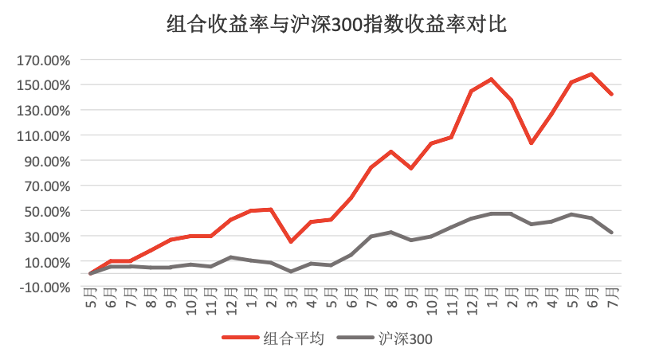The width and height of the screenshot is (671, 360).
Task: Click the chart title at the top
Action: (336, 24)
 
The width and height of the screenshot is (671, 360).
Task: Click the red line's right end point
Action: (612, 94)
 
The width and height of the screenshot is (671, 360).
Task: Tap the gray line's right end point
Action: (612, 233)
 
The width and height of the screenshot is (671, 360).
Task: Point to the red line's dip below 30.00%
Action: (291, 241)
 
